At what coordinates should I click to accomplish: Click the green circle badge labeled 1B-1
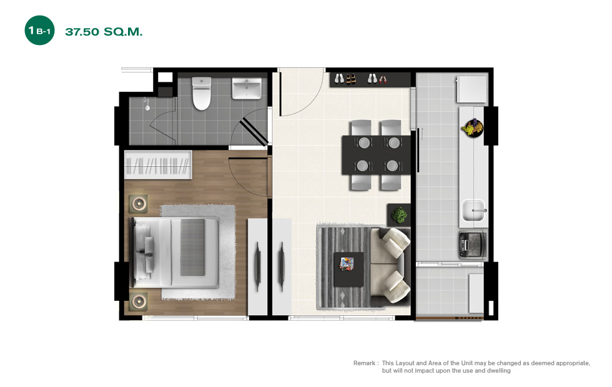click(x=39, y=31)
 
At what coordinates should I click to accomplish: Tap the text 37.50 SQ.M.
click(x=104, y=32)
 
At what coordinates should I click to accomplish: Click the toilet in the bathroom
click(x=201, y=93)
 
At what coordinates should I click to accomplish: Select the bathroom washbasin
click(x=247, y=89)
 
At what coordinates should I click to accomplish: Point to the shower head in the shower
click(x=147, y=105)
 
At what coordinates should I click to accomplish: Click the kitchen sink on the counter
click(x=474, y=211)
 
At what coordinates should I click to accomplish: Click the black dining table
click(x=376, y=155)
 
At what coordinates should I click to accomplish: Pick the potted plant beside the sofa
click(x=399, y=215)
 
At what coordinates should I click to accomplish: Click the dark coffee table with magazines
click(x=349, y=269)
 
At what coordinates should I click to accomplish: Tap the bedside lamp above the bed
click(x=139, y=203)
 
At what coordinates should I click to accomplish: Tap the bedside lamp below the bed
click(x=139, y=301)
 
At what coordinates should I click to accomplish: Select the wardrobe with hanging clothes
click(x=158, y=165)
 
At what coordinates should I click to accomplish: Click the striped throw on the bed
click(x=192, y=247)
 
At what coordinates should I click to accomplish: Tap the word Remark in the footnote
click(x=364, y=363)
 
